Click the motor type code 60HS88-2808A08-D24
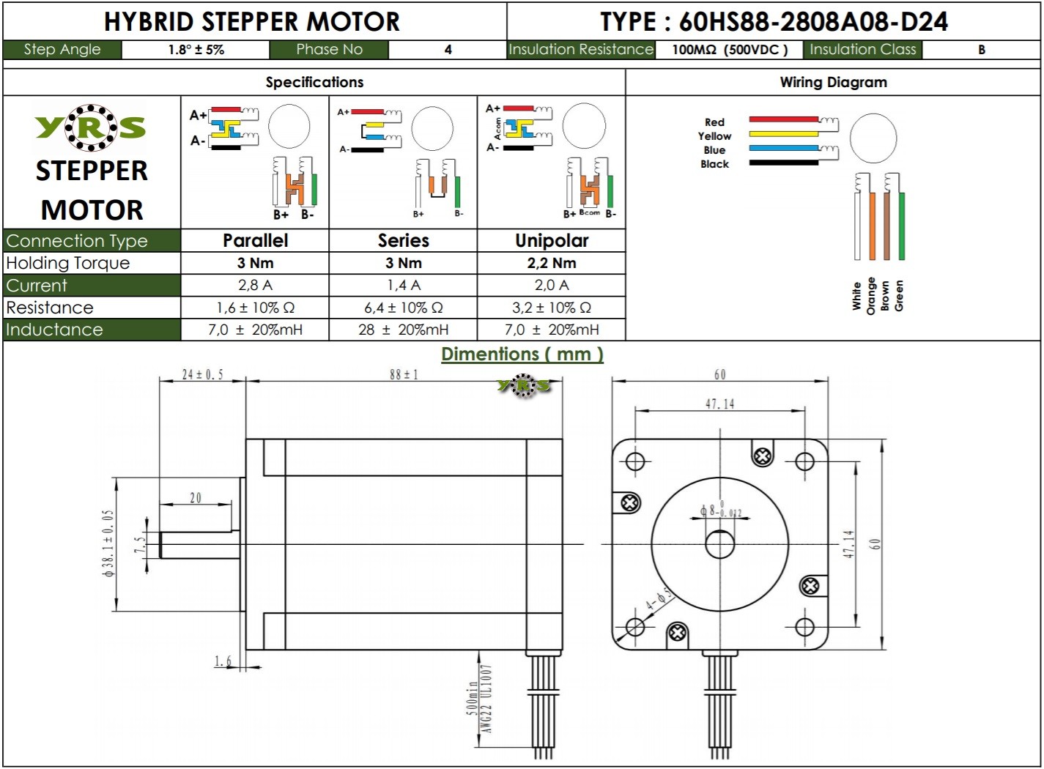812,22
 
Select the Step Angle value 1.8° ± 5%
196,50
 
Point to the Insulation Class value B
981,50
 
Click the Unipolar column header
551,240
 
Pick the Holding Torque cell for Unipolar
551,263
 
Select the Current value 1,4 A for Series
403,285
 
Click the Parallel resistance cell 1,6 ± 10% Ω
255,308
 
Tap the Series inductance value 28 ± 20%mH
403,330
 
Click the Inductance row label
54,330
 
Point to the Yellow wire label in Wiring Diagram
714,136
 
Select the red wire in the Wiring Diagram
783,119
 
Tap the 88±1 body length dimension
404,374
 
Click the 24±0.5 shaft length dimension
202,374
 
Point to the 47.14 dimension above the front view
719,404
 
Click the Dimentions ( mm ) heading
522,354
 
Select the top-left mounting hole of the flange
635,461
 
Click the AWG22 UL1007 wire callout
486,699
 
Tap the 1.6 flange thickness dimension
223,661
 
